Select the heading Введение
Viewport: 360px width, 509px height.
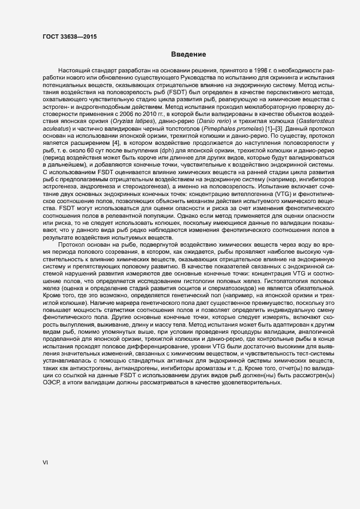point(188,54)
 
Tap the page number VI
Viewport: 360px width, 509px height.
point(46,463)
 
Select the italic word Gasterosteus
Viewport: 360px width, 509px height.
point(318,121)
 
